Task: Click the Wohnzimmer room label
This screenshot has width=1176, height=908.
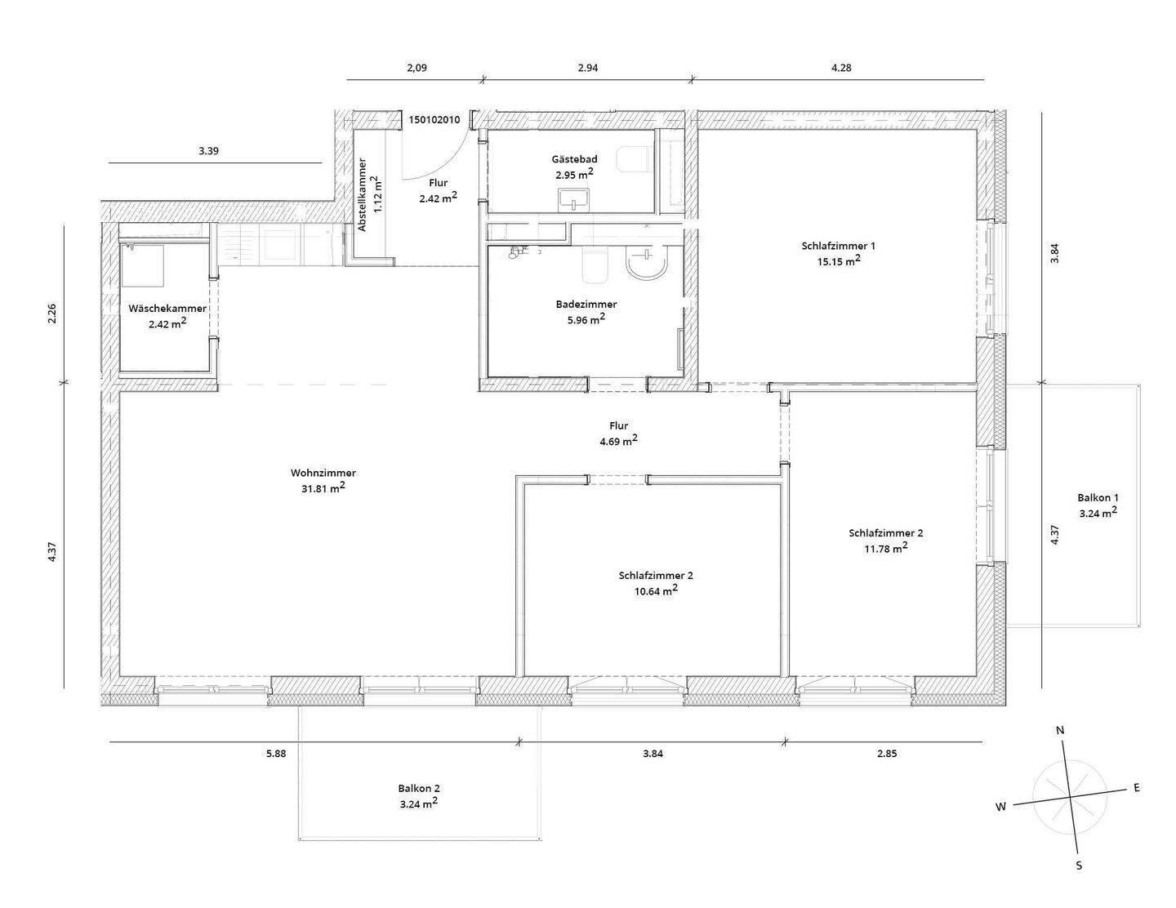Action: [x=323, y=473]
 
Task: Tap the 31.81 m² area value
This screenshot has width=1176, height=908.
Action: [x=323, y=488]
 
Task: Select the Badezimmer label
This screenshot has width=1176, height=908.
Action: [x=586, y=304]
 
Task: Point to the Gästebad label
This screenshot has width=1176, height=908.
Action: [x=574, y=159]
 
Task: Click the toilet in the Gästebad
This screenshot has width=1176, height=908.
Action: [x=632, y=159]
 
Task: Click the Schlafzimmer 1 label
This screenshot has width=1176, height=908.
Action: [x=839, y=245]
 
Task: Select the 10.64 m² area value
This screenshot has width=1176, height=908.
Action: [x=656, y=590]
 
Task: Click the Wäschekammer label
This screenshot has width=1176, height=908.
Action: [x=167, y=309]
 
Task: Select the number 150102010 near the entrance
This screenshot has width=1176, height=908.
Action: [x=434, y=120]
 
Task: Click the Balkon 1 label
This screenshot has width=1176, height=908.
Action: [x=1098, y=497]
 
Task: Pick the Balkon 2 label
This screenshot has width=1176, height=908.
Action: [x=419, y=788]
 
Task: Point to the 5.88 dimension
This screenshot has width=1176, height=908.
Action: [x=276, y=754]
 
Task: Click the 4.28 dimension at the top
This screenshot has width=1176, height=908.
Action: [x=841, y=68]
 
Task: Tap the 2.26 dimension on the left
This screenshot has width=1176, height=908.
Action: [x=52, y=314]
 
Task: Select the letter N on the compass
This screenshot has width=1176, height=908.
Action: [x=1060, y=731]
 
